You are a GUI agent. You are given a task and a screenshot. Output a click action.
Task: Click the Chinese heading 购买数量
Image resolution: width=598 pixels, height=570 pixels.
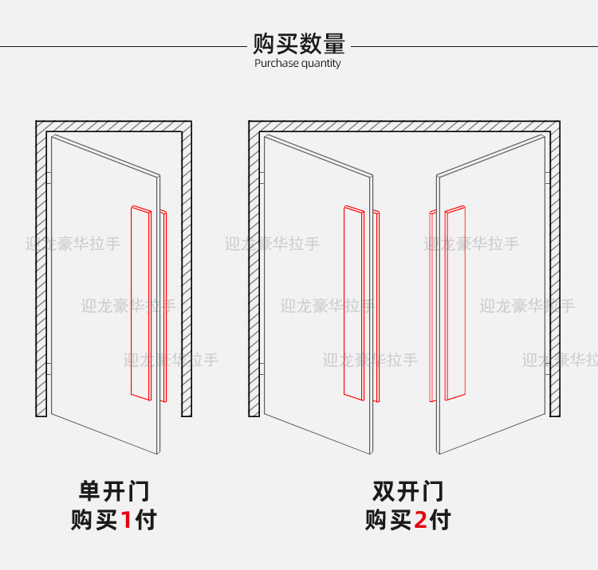click(x=298, y=43)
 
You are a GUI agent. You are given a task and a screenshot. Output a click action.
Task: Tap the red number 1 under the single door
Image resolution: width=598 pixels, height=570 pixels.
click(x=125, y=521)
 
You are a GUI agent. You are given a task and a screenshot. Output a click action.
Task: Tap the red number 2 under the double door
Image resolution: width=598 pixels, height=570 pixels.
click(x=420, y=521)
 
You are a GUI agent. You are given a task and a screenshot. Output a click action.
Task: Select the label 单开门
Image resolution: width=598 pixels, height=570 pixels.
click(x=114, y=490)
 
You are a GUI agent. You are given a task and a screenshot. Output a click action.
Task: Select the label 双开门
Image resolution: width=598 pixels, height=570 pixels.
click(x=408, y=490)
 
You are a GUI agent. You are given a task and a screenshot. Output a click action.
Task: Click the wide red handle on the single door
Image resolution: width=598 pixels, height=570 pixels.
click(x=140, y=303)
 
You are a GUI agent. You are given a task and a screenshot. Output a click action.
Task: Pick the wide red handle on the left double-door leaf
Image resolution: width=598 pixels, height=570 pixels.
click(x=352, y=303)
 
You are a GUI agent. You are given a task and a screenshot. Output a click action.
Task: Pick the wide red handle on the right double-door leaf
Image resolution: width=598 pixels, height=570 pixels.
click(x=454, y=303)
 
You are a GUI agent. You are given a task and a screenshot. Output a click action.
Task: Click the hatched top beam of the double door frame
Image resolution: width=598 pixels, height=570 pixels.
click(x=403, y=126)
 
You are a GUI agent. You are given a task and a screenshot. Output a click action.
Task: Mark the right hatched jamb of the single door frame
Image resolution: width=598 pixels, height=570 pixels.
click(x=187, y=271)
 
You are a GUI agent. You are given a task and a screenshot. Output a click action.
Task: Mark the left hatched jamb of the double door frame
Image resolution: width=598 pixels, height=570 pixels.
click(x=254, y=271)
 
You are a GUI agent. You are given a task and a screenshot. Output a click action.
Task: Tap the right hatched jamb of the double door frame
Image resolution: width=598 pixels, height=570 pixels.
click(x=554, y=271)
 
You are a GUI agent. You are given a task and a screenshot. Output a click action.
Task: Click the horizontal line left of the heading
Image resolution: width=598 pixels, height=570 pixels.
click(x=120, y=46)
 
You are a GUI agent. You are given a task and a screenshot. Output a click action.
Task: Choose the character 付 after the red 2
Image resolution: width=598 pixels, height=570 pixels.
click(x=440, y=521)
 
